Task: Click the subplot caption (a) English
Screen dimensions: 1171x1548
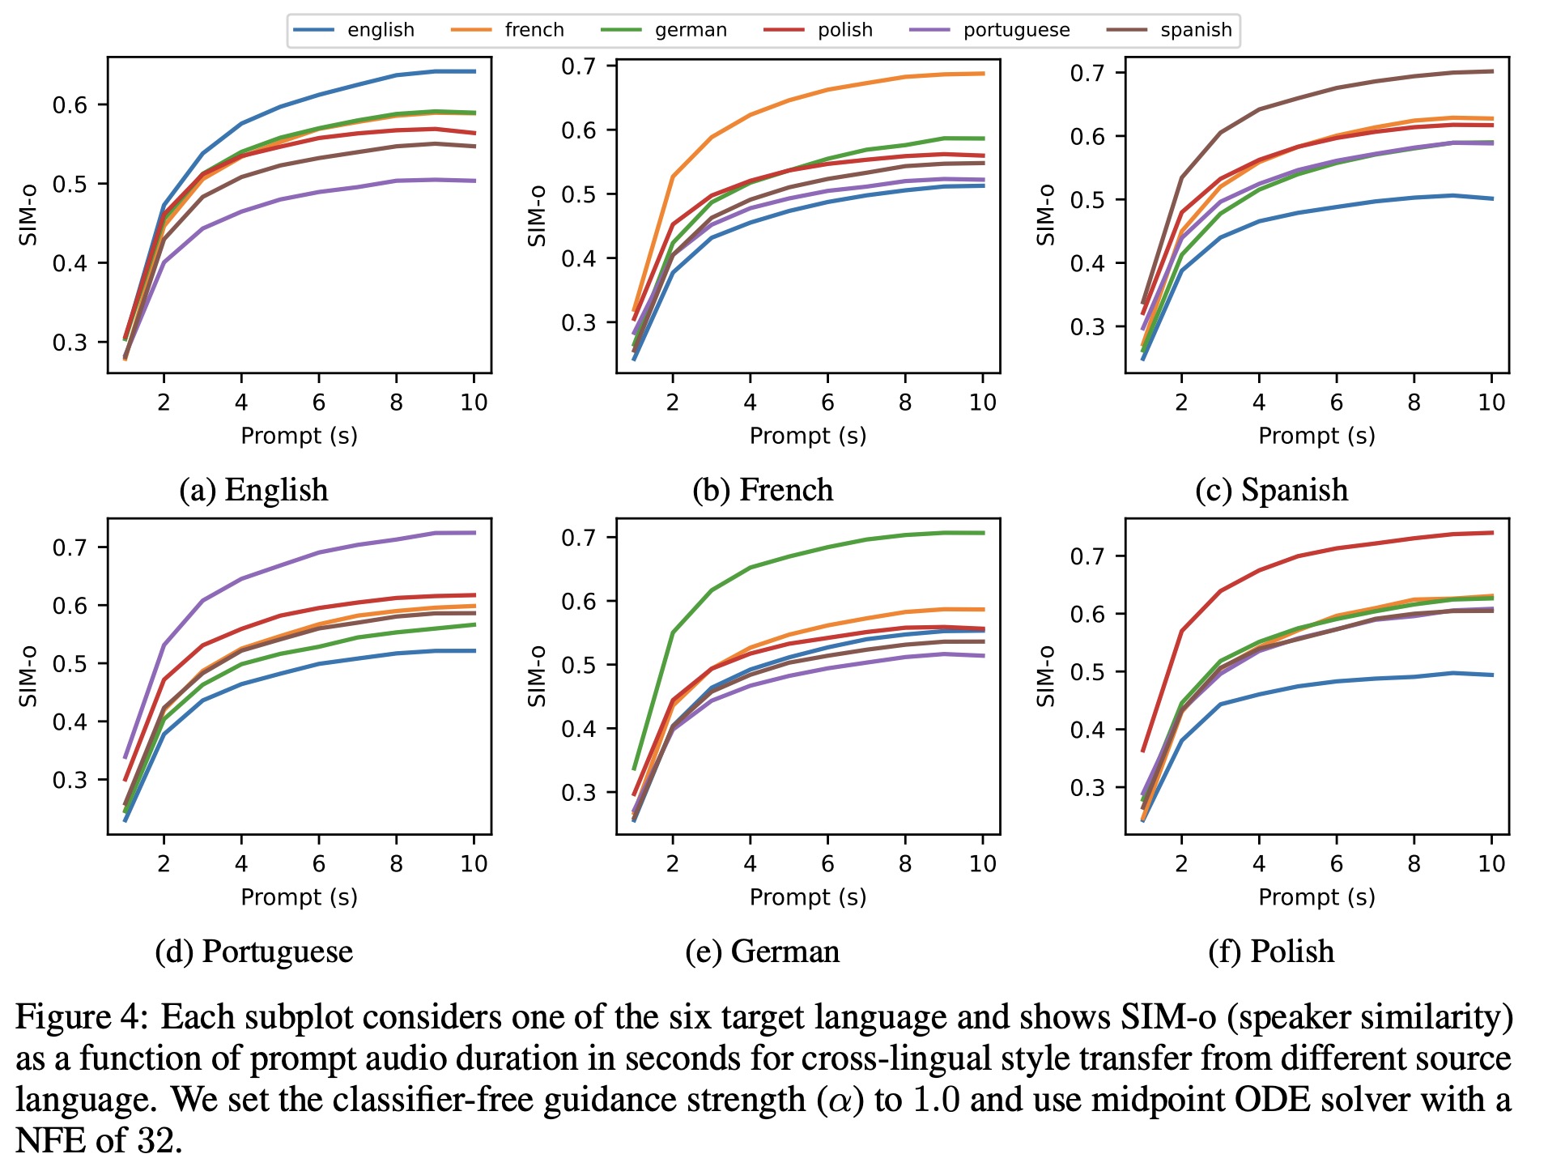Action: [253, 490]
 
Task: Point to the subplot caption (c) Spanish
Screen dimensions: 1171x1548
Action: [1271, 490]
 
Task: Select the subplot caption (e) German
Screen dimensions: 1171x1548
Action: [762, 951]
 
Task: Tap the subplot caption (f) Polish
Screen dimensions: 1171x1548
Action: [1270, 951]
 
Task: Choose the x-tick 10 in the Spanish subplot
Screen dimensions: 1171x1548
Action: [1491, 402]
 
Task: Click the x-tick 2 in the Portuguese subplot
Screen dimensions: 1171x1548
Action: [164, 864]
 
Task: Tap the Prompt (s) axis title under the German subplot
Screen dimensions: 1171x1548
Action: [807, 897]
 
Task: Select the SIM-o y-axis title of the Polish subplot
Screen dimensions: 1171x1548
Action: [1046, 676]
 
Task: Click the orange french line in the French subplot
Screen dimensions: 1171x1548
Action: [827, 90]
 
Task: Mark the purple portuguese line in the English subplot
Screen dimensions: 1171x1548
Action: [319, 192]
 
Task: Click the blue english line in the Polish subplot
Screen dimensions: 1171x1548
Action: [1336, 681]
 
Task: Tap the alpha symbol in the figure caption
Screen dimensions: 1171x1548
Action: [841, 1101]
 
